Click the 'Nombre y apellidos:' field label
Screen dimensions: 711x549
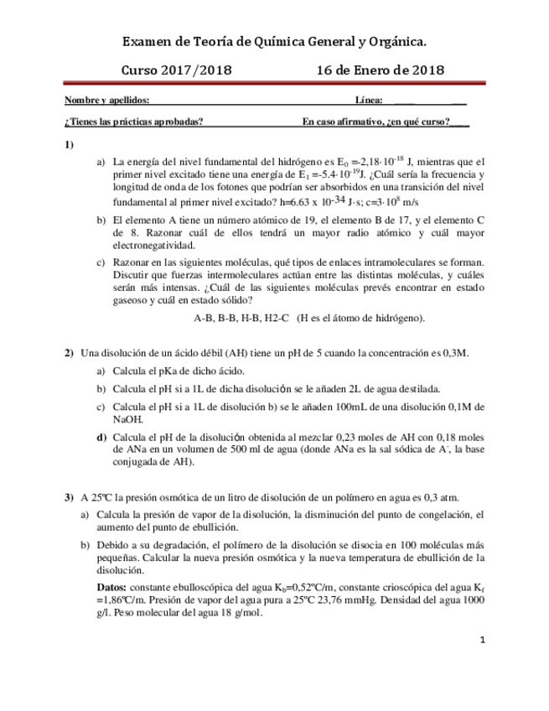point(106,101)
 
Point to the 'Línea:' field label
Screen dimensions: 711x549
point(369,101)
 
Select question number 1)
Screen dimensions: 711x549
point(70,145)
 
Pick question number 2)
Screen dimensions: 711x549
point(70,353)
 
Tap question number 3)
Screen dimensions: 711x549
point(70,496)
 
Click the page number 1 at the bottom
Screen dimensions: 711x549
point(484,641)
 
